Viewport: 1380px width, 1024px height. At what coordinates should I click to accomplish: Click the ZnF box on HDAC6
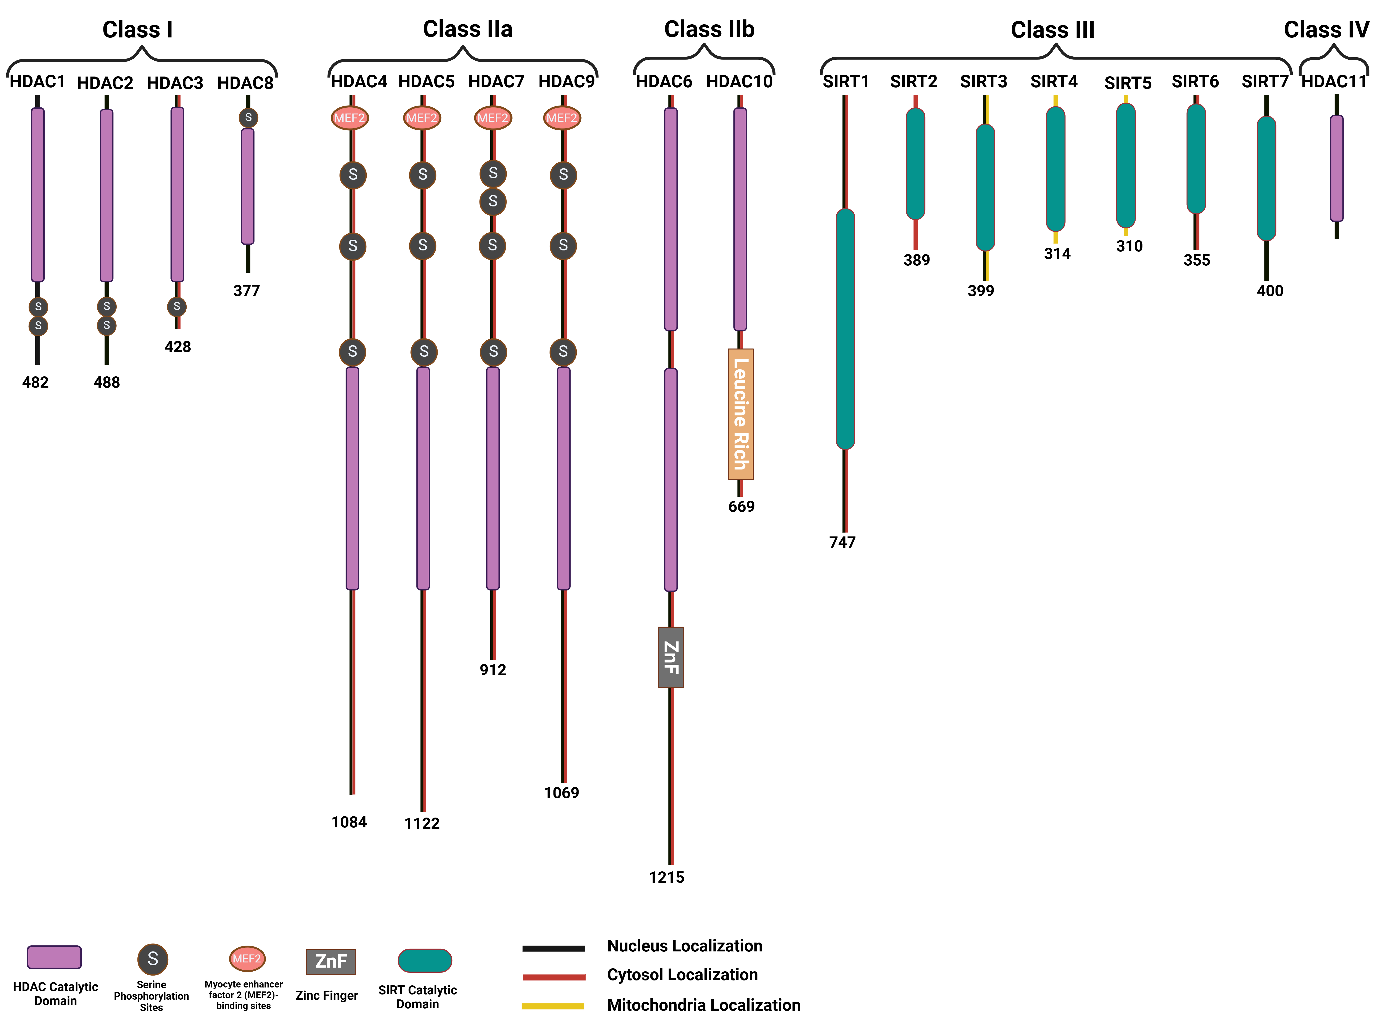pos(671,657)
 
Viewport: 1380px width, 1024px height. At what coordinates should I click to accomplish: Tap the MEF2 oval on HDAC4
pos(350,118)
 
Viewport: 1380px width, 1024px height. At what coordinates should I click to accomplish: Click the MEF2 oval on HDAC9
pos(562,118)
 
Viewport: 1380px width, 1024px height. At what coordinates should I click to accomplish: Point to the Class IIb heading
pos(709,29)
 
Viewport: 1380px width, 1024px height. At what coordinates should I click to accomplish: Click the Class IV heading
pos(1326,29)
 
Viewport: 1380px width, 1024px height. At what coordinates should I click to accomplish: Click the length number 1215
pos(666,877)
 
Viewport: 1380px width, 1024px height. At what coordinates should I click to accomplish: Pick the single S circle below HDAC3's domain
pos(177,306)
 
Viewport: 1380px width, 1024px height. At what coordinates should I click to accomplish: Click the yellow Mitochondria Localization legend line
pos(553,1006)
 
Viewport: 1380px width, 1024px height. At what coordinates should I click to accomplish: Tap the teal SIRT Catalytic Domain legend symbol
pos(425,960)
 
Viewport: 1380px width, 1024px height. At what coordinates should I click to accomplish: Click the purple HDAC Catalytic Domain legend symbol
pos(55,957)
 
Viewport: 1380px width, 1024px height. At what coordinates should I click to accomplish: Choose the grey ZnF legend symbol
pos(330,962)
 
